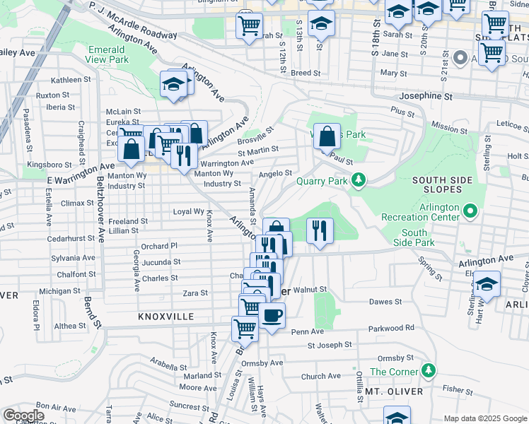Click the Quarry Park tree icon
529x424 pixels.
coord(359,180)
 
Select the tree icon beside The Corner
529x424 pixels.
coord(427,370)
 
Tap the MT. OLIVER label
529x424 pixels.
coord(394,391)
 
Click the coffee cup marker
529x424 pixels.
coord(272,316)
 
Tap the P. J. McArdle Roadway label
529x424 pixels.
coord(133,20)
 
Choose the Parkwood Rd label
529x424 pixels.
coord(391,328)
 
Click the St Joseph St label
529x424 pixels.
coord(329,346)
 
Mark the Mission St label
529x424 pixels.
coord(448,128)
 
